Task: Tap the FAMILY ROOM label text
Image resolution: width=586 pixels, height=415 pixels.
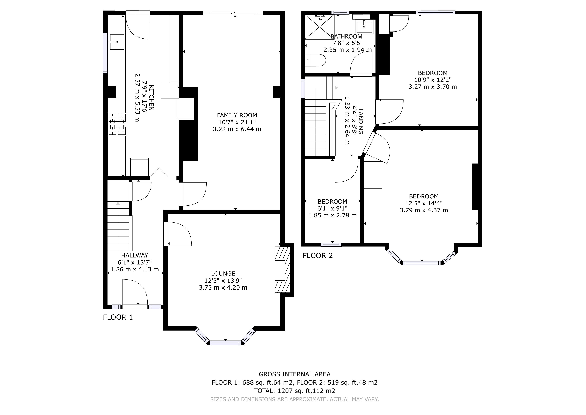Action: pyautogui.click(x=237, y=115)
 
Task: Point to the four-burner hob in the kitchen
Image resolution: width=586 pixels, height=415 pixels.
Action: pyautogui.click(x=117, y=124)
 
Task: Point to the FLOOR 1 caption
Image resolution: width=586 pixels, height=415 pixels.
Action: pyautogui.click(x=118, y=317)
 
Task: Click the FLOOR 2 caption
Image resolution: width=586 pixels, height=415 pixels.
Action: pyautogui.click(x=318, y=256)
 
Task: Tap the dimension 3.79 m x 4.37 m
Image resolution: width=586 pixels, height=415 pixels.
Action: pyautogui.click(x=424, y=210)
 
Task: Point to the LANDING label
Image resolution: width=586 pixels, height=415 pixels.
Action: pyautogui.click(x=361, y=122)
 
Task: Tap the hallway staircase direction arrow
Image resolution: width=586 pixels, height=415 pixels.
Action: pyautogui.click(x=118, y=204)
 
